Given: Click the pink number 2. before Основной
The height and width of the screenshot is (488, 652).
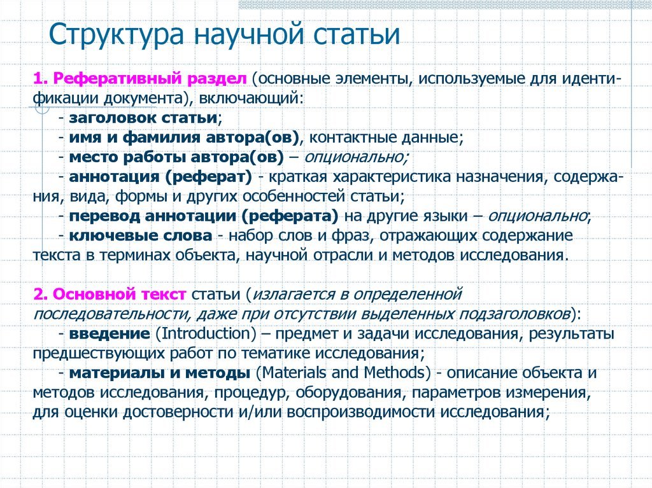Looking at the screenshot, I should coord(41,294).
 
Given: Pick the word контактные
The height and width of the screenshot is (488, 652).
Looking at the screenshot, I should coord(350,137).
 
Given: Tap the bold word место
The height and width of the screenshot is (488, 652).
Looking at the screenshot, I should coord(91,157).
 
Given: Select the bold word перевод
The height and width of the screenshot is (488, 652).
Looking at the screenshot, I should coord(99,215).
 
